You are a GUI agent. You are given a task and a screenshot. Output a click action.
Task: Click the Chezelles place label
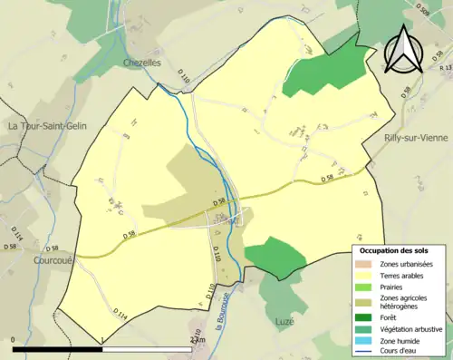pos(142,63)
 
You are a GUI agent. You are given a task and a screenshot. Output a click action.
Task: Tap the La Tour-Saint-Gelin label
pos(48,126)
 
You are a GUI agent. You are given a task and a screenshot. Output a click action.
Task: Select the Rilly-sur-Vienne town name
pos(417,137)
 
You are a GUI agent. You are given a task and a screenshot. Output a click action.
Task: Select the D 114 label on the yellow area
pos(121,313)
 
